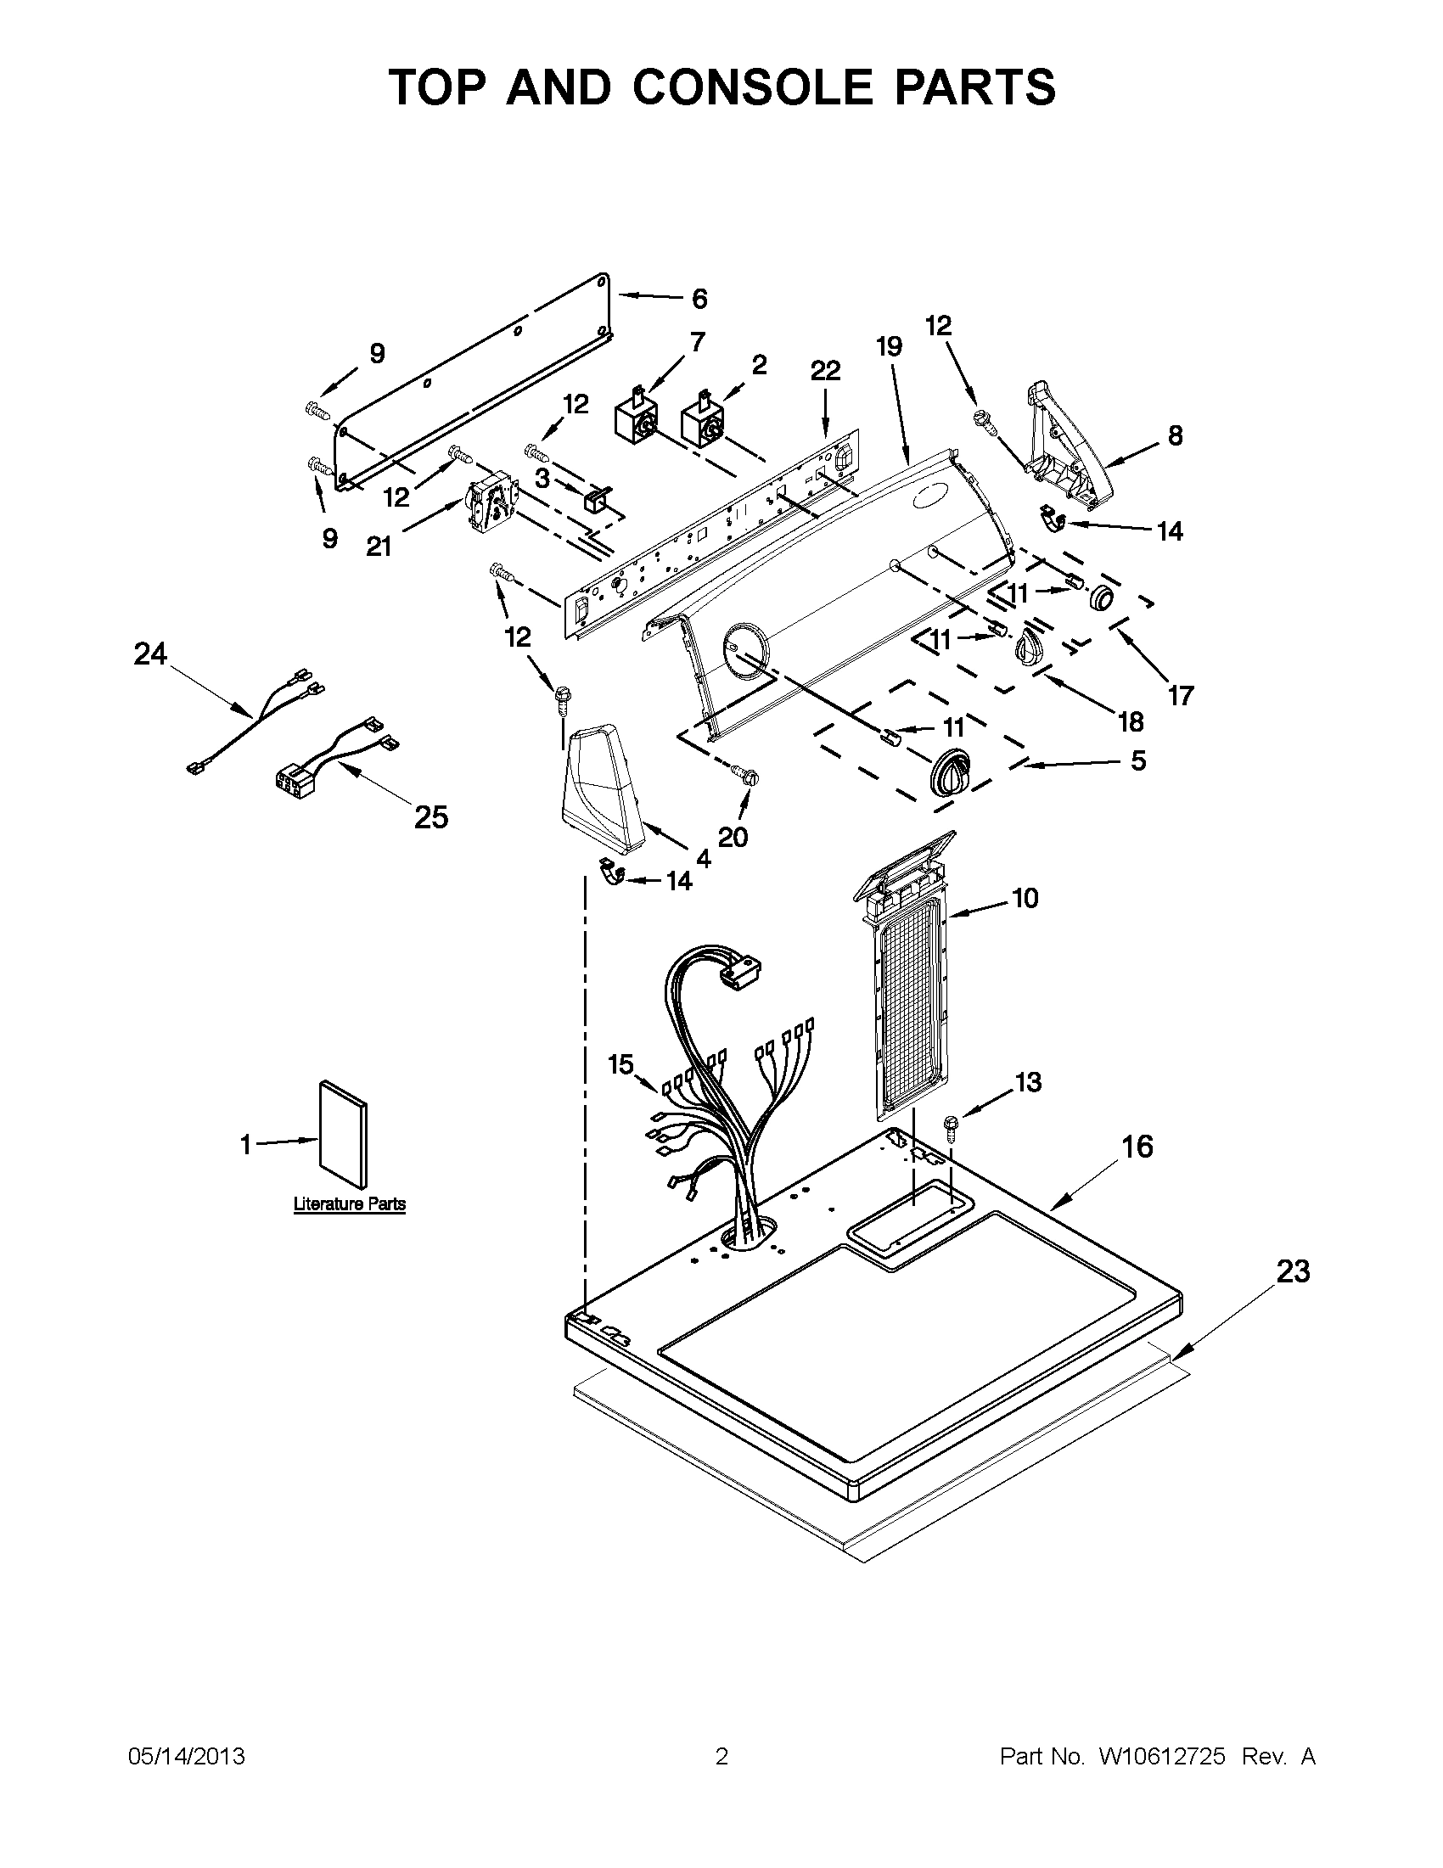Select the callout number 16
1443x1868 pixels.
click(x=1138, y=1146)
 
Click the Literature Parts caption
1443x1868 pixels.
click(x=349, y=1203)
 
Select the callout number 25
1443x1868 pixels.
click(x=431, y=817)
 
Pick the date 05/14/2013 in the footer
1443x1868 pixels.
click(x=187, y=1757)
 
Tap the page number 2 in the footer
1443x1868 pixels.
click(x=721, y=1757)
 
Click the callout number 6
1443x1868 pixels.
click(x=699, y=299)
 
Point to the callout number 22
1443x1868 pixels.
click(x=825, y=370)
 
